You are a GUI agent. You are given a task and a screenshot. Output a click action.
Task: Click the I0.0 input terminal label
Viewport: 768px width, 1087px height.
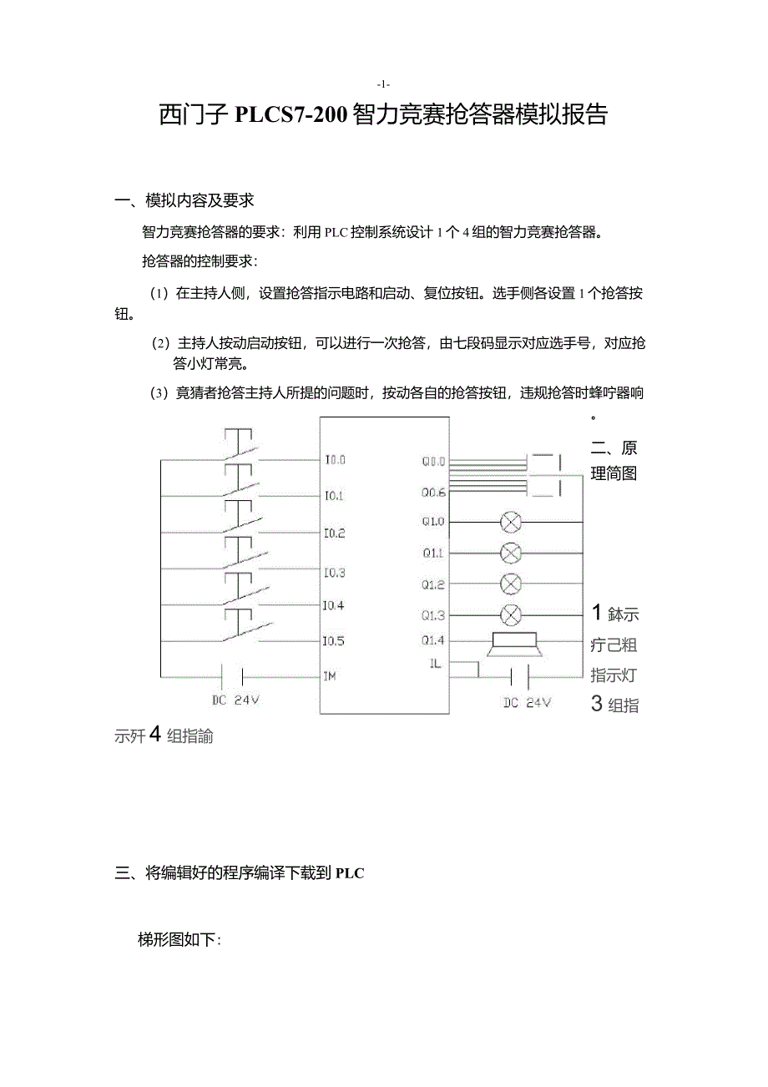coord(335,459)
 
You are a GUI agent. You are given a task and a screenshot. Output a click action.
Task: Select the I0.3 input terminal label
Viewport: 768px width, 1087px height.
coord(335,573)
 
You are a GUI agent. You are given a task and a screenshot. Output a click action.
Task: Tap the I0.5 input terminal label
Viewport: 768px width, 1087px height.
coord(334,641)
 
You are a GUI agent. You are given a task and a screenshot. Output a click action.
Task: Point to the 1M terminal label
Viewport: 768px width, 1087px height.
coord(330,675)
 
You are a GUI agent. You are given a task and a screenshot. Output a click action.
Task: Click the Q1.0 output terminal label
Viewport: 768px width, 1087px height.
coord(433,522)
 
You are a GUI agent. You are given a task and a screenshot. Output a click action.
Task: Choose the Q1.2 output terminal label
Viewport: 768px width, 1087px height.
coord(433,584)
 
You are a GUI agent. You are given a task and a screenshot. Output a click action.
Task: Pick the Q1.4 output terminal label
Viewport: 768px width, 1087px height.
coord(433,640)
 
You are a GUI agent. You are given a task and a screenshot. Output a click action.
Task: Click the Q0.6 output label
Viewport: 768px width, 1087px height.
coord(433,493)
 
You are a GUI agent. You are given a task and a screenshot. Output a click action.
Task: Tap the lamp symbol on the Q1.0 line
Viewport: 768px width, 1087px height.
coord(510,523)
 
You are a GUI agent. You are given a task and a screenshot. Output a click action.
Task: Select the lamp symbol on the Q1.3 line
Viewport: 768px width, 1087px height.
coord(510,615)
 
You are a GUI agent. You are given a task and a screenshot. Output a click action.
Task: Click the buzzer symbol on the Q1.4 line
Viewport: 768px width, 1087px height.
coord(513,643)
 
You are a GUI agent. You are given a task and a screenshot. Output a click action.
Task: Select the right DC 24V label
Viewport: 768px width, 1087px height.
coord(527,703)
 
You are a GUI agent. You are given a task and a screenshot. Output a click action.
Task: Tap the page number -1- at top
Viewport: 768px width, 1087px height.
coord(383,84)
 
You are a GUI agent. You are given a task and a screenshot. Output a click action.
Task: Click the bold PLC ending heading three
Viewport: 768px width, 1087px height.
coord(350,873)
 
